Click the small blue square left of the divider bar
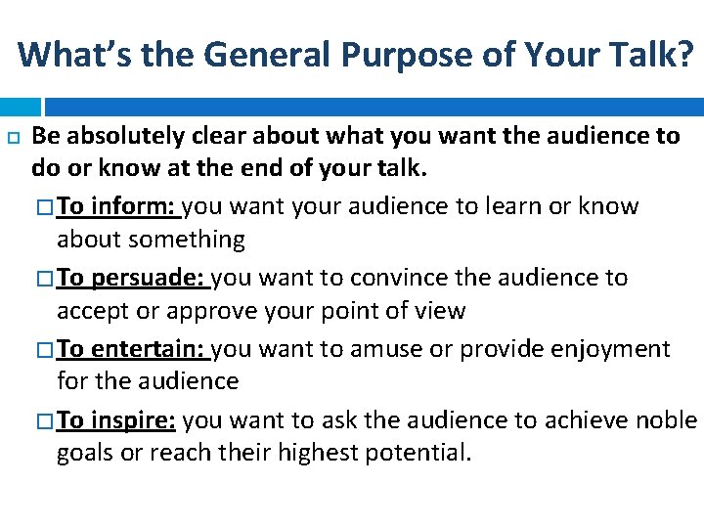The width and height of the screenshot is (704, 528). tap(21, 106)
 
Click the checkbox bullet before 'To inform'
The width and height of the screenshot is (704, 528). tap(46, 207)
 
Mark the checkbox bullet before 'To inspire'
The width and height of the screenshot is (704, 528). tap(46, 421)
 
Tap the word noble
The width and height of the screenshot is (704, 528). tap(667, 420)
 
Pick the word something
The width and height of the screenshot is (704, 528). tap(188, 240)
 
